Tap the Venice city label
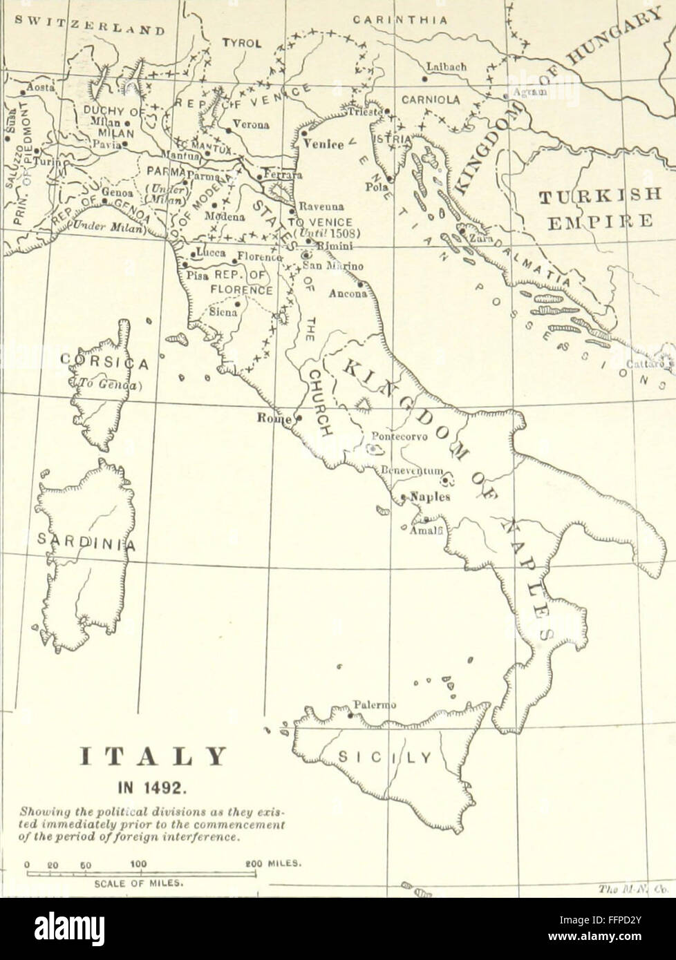(324, 144)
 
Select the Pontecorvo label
(400, 436)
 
